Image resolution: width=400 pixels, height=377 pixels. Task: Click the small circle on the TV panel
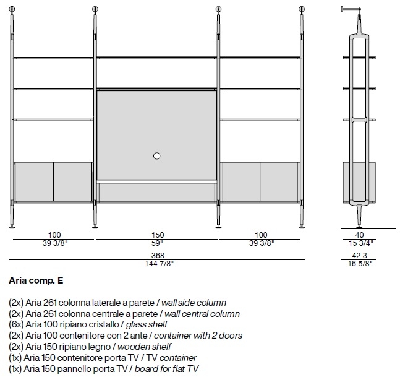[156, 156]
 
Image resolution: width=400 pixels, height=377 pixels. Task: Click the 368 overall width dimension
[158, 255]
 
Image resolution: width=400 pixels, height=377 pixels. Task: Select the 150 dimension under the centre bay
[158, 235]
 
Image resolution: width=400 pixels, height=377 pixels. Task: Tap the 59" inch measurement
[157, 243]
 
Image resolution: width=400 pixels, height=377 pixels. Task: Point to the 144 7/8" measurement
[159, 264]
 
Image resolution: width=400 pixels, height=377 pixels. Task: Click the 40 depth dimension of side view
[359, 235]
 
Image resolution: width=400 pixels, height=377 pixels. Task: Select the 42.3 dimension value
[359, 255]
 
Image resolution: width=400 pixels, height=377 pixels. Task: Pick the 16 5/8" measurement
[360, 264]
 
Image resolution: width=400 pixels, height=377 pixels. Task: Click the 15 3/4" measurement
[360, 243]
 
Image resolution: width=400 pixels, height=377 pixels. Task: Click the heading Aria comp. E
[36, 280]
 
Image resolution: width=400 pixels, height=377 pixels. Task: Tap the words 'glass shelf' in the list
[147, 324]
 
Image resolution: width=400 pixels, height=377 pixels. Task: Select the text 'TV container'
[171, 358]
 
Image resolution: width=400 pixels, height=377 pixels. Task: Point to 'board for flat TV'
[166, 369]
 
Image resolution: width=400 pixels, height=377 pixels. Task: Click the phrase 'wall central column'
[202, 314]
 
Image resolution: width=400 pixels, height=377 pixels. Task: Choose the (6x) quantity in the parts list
[16, 324]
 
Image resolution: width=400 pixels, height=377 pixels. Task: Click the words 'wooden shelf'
[144, 347]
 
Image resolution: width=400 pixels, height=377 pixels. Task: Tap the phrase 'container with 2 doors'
[198, 336]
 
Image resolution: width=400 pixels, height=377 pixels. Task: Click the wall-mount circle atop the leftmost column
[12, 9]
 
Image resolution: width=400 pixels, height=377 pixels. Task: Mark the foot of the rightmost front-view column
[302, 227]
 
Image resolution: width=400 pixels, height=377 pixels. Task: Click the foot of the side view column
[359, 227]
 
